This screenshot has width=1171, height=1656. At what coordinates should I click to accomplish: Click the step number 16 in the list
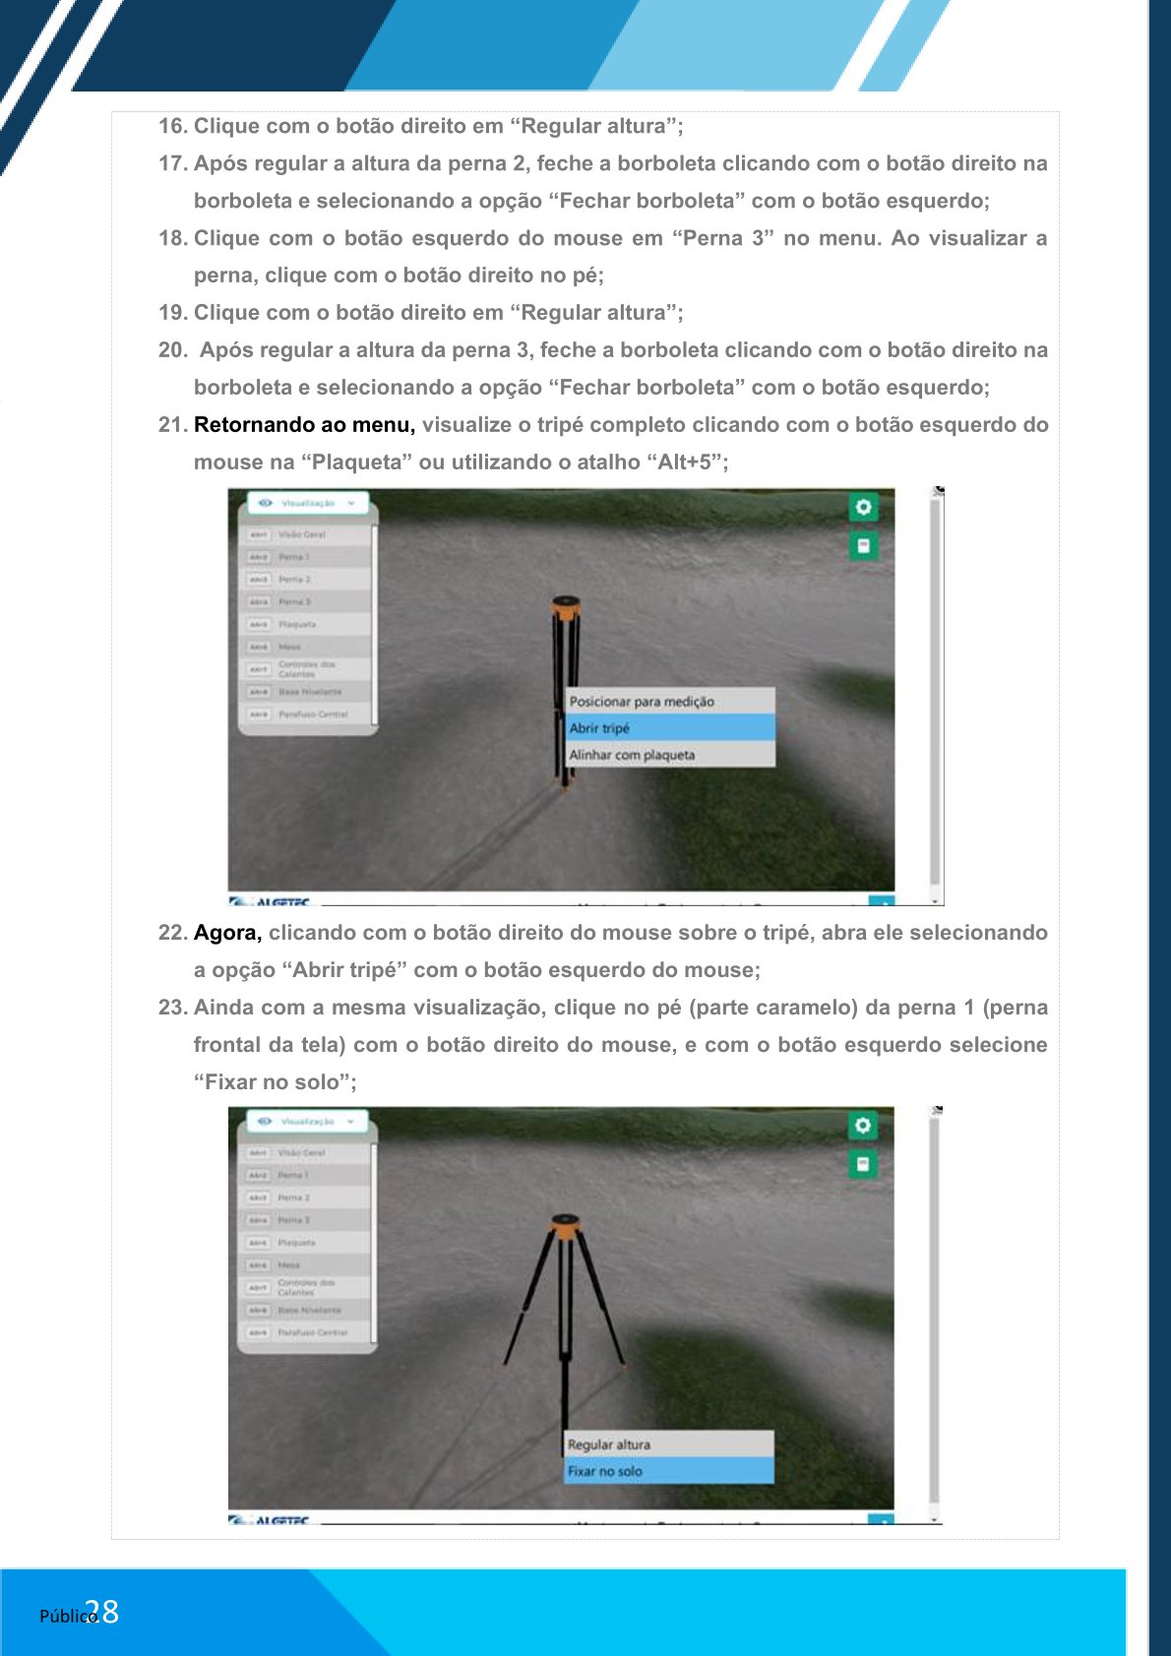point(172,126)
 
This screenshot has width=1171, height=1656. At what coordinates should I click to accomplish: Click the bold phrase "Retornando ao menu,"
point(304,425)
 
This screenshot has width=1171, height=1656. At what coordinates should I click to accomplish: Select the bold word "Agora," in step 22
point(227,933)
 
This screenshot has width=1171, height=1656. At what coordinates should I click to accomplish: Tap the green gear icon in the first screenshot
point(863,508)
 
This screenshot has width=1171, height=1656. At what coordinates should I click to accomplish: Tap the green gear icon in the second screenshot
point(863,1126)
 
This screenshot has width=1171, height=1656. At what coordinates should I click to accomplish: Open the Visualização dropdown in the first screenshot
point(308,503)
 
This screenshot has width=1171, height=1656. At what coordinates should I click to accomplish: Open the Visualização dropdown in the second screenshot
point(308,1121)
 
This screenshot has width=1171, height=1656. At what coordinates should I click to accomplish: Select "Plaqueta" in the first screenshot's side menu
point(297,625)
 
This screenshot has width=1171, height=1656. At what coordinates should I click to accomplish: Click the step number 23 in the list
point(172,1008)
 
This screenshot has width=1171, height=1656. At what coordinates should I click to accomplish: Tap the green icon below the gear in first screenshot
point(863,546)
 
